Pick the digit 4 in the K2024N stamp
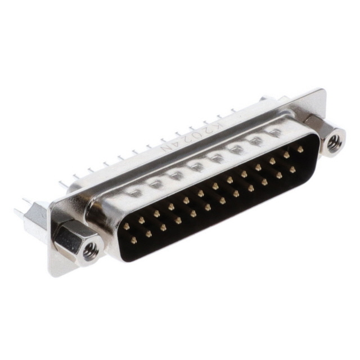tap(176, 145)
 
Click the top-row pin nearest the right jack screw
tap(300, 150)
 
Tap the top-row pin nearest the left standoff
tap(127, 227)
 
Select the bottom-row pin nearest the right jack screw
tap(292, 169)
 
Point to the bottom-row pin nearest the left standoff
tap(134, 240)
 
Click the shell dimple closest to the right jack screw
tap(275, 133)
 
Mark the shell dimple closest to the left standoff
tap(134, 192)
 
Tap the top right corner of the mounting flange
tap(322, 90)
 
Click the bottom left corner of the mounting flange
tap(52, 274)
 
